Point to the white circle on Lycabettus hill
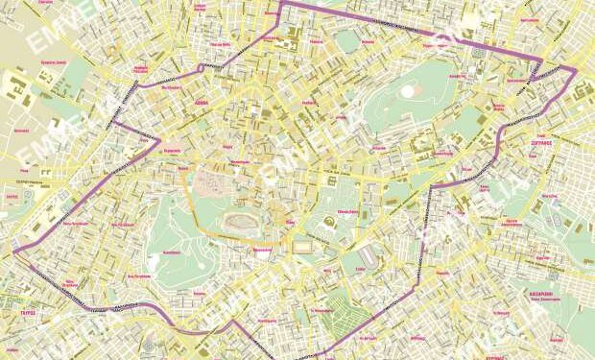pos(407,91)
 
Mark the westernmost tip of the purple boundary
pos(13,252)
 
